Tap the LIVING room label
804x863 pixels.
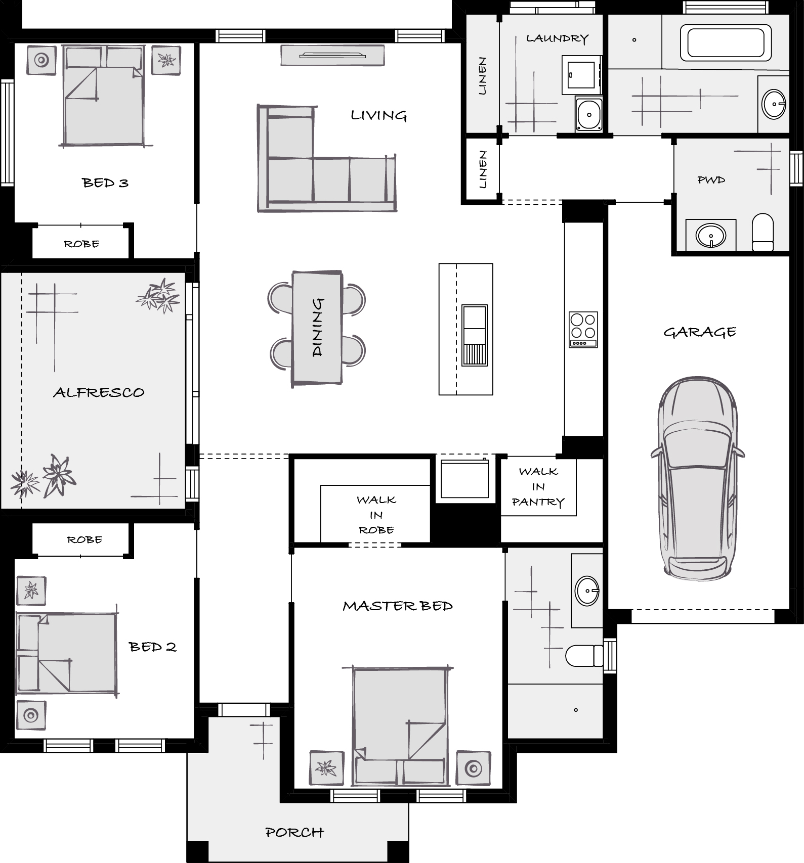pos(379,116)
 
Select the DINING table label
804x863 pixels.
pos(317,328)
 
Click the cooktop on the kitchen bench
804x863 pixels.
pos(583,329)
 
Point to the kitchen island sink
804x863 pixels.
pos(474,335)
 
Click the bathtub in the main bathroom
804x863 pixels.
pos(726,42)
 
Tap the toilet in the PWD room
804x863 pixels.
pos(763,232)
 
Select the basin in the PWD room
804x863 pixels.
pos(711,235)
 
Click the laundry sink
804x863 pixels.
pos(589,115)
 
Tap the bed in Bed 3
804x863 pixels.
pos(103,96)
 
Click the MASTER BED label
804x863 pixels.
pos(398,606)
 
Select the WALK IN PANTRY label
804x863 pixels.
pos(538,487)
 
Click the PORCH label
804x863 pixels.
pos(294,832)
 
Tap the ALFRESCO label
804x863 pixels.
pos(99,392)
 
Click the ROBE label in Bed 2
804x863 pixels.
pos(84,539)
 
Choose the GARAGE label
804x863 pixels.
pos(700,332)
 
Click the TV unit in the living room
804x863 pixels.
pos(332,55)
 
